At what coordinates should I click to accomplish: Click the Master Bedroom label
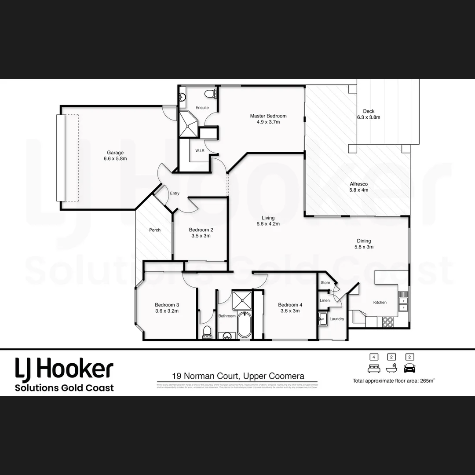(268, 116)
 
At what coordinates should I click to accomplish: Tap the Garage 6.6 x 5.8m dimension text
(115, 159)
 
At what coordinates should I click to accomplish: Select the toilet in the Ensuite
(211, 93)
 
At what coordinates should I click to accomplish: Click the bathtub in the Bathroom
(243, 325)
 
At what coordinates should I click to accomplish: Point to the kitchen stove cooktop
(387, 322)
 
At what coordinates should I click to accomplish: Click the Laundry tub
(322, 319)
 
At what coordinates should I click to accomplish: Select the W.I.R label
(200, 151)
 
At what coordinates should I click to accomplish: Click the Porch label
(155, 230)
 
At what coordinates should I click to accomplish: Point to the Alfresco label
(358, 184)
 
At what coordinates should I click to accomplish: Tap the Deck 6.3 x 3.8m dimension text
(369, 117)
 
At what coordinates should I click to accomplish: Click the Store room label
(325, 283)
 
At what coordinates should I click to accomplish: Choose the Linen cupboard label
(325, 300)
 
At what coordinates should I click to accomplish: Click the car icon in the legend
(409, 368)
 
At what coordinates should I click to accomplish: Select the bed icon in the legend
(374, 368)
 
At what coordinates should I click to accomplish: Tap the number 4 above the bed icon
(374, 357)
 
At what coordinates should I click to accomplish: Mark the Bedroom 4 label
(290, 305)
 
